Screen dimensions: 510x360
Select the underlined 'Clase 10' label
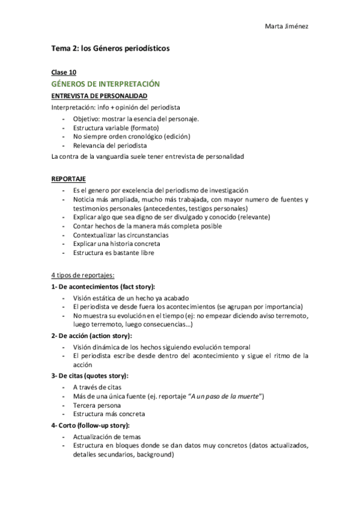tap(64, 72)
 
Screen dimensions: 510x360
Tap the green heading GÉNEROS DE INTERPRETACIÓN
tap(105, 84)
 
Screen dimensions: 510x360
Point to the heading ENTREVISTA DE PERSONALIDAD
tap(99, 96)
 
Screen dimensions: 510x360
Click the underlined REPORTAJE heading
tap(69, 179)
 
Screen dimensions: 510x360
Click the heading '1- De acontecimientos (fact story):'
tap(103, 286)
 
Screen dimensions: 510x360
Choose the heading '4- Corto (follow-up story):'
tap(91, 425)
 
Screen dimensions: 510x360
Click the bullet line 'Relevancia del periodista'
tap(109, 146)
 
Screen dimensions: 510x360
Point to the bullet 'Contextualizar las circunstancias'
tap(121, 235)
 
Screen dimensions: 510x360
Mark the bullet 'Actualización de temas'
tap(107, 437)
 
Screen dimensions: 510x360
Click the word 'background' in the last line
tap(154, 455)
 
